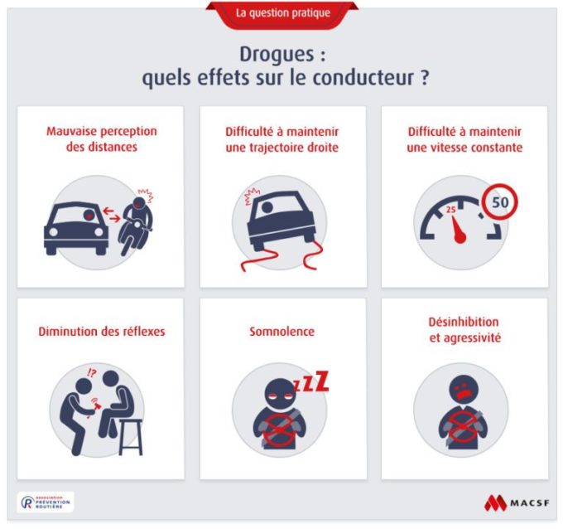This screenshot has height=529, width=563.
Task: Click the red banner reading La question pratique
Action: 282,14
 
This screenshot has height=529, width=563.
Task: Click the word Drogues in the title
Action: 277,55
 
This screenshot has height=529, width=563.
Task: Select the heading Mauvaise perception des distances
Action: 102,138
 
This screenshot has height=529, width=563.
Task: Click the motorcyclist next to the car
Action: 137,225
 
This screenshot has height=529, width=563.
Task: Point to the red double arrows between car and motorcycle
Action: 112,214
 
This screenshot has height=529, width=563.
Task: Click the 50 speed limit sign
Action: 500,201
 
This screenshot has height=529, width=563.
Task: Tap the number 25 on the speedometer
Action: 451,210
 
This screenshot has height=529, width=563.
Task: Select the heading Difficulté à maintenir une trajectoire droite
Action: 282,139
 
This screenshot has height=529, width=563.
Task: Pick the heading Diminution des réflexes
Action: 102,331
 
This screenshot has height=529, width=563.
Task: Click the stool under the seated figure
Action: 131,437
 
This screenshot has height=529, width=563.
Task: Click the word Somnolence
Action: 281,331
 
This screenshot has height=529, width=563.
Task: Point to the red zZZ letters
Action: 311,382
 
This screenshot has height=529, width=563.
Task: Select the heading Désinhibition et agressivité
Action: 464,330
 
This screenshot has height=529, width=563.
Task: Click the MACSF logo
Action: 517,502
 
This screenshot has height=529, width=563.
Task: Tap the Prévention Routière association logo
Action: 46,502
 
